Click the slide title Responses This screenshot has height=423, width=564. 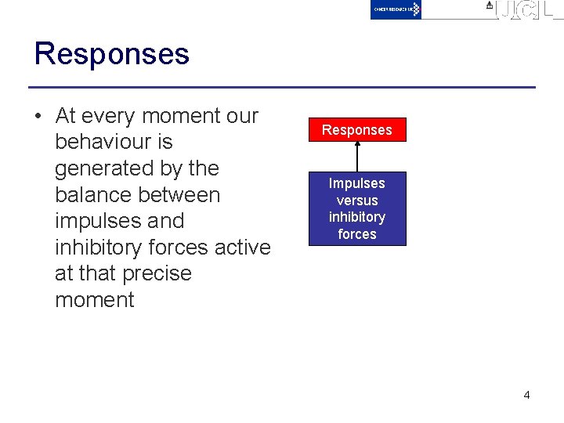click(112, 54)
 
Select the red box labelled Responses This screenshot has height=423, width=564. click(357, 130)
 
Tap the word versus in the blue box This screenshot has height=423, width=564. click(357, 201)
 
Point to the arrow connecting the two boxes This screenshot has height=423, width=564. click(357, 157)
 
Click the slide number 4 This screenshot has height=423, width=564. click(526, 395)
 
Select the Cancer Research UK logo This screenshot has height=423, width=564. click(396, 9)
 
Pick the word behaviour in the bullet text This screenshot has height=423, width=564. click(114, 143)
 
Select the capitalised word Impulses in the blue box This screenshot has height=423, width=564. click(357, 183)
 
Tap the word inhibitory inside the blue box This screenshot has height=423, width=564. click(357, 217)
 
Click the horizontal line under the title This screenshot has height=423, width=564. click(282, 87)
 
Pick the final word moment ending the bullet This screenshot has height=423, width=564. click(95, 300)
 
